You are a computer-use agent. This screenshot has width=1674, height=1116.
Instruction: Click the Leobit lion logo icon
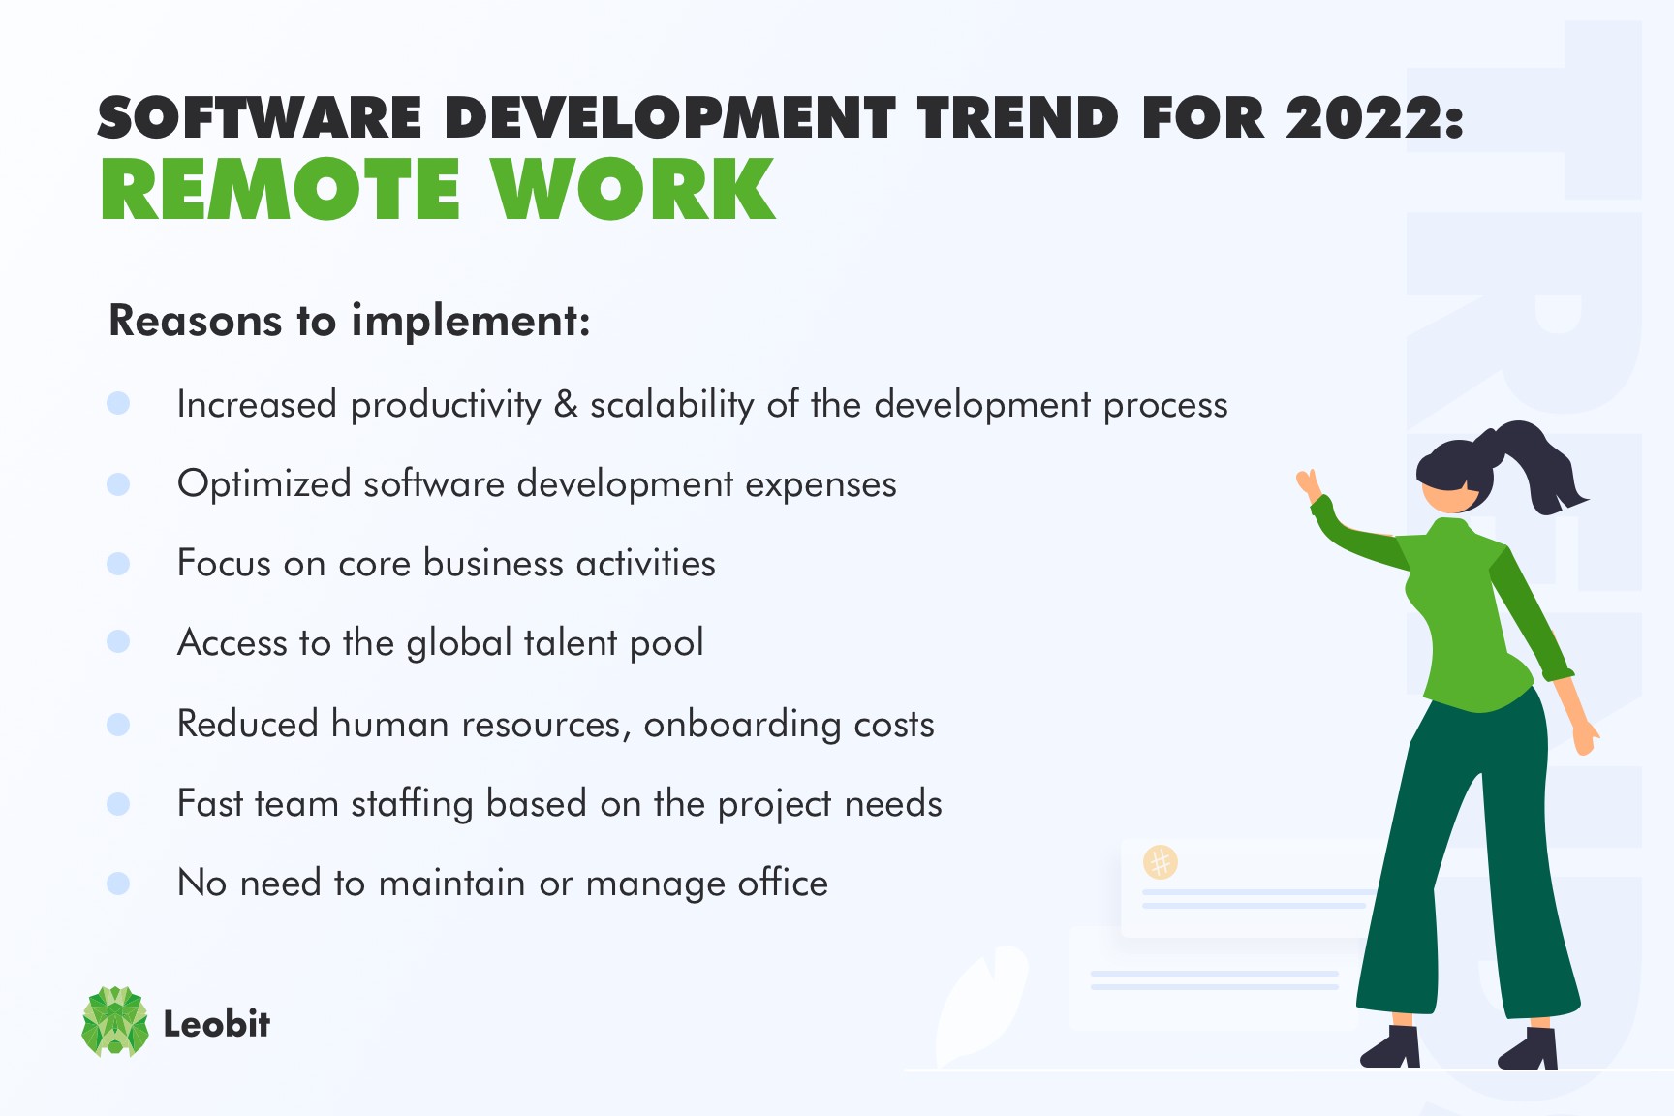pyautogui.click(x=115, y=1021)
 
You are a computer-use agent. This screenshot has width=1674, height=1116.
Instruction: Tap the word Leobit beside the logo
pyautogui.click(x=216, y=1024)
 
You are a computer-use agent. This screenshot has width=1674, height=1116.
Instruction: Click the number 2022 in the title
pyautogui.click(x=1363, y=119)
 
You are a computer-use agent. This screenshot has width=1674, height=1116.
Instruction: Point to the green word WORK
pyautogui.click(x=633, y=190)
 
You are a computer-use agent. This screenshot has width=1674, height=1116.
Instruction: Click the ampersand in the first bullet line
pyautogui.click(x=566, y=404)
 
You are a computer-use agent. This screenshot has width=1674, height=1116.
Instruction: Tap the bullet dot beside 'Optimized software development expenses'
pyautogui.click(x=118, y=483)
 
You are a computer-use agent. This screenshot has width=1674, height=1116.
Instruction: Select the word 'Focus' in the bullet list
pyautogui.click(x=223, y=563)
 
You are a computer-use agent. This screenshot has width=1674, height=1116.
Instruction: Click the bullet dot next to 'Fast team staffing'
pyautogui.click(x=118, y=803)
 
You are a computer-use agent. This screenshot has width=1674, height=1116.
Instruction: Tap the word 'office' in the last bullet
pyautogui.click(x=783, y=883)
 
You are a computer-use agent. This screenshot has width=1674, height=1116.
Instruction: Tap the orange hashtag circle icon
pyautogui.click(x=1160, y=861)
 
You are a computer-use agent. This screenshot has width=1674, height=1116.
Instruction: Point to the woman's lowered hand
pyautogui.click(x=1585, y=739)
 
